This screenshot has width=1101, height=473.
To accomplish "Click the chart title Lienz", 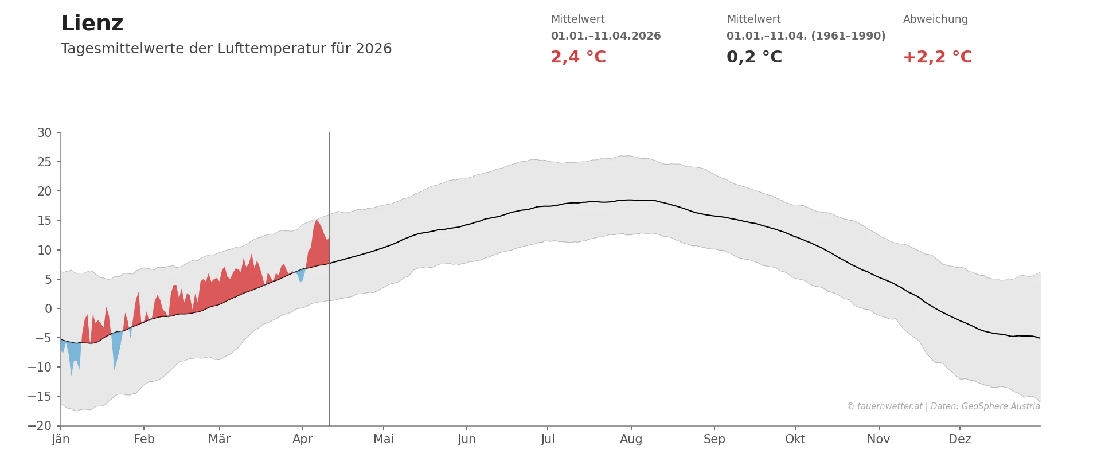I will [92, 24].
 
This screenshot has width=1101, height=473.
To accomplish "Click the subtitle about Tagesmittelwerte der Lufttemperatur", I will [226, 49].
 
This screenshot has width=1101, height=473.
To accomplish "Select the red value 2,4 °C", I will [578, 57].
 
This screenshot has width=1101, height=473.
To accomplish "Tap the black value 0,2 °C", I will [754, 57].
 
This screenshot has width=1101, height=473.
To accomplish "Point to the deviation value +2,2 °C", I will [937, 57].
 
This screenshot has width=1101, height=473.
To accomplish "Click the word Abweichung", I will [935, 19].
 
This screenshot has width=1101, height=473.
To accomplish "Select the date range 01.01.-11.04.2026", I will [606, 36].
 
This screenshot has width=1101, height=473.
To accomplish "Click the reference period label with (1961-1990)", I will [806, 36].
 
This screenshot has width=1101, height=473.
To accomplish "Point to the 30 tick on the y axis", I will [45, 133].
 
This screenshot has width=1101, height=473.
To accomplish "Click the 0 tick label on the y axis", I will [48, 309].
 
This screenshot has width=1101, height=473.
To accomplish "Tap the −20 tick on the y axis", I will [40, 426].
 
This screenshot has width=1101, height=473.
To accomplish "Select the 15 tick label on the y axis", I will [45, 221].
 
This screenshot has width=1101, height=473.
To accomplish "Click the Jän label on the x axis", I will [61, 439].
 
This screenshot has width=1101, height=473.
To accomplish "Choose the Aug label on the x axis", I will [631, 439].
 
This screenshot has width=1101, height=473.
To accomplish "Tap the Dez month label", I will [959, 439].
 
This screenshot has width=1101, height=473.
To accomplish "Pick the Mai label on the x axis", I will [384, 439].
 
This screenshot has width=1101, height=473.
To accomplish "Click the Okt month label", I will [795, 439].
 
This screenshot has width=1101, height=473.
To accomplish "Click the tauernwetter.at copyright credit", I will [943, 406].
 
